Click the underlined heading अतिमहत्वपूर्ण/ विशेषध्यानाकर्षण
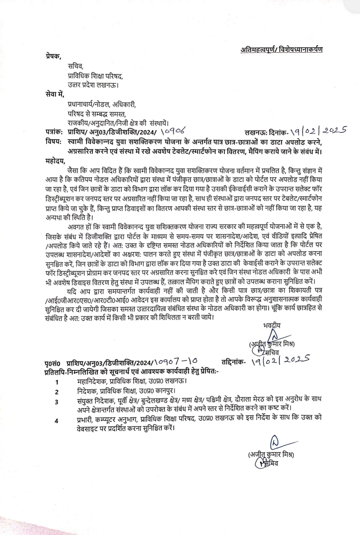[282, 50]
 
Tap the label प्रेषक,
[53, 56]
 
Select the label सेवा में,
[54, 94]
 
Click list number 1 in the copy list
[57, 382]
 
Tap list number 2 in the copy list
[57, 392]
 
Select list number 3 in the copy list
[57, 402]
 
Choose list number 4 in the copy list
[57, 421]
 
